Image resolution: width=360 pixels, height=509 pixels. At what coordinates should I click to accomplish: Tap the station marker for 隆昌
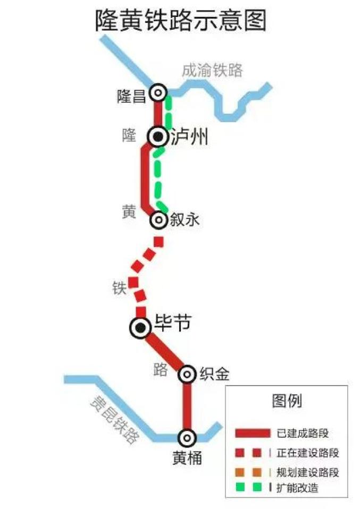[158, 94]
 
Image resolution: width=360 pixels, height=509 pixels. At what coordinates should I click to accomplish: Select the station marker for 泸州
[158, 137]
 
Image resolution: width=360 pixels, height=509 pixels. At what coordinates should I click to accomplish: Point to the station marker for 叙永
[158, 219]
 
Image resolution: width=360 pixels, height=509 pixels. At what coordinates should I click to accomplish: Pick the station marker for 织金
[187, 375]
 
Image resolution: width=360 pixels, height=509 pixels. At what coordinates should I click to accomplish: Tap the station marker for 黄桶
[187, 438]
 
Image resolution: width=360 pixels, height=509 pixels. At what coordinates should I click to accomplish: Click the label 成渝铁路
[212, 70]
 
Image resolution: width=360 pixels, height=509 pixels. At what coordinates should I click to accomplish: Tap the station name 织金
[215, 374]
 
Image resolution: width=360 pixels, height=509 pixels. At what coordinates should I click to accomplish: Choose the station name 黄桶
[187, 457]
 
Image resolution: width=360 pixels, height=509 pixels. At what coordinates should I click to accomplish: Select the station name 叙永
[185, 219]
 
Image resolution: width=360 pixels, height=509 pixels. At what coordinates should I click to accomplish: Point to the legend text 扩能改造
[298, 487]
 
